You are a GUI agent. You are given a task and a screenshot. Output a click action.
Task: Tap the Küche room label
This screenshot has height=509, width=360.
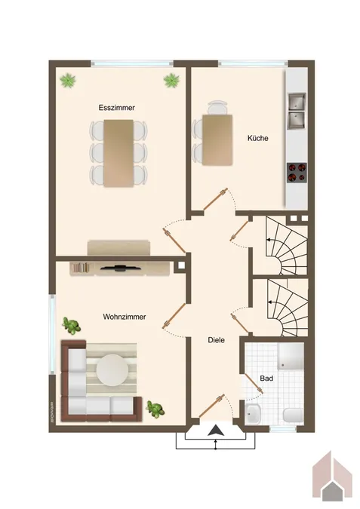(258, 138)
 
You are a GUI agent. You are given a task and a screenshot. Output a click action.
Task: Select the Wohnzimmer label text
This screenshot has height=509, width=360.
(125, 317)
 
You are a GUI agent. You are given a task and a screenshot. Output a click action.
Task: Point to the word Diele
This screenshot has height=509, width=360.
(216, 340)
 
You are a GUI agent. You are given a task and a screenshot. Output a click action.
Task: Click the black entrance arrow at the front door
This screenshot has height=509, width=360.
(215, 431)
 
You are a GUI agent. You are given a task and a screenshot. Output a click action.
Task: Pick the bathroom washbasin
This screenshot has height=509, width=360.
(253, 413)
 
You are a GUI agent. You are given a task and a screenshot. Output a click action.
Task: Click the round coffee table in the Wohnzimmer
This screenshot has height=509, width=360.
(112, 369)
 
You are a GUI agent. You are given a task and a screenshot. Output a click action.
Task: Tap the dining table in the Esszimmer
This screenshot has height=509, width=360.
(118, 153)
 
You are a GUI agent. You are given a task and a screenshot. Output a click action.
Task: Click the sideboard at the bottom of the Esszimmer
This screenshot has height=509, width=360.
(118, 247)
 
